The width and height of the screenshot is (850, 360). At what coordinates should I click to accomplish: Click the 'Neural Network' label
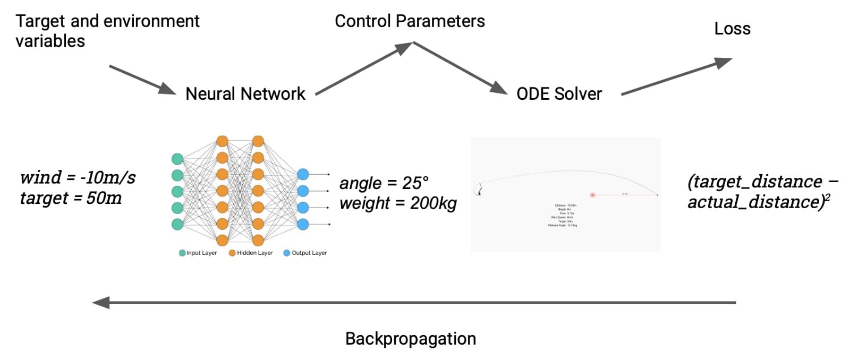(x=245, y=94)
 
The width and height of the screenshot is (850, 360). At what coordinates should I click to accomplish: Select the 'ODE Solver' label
(x=559, y=94)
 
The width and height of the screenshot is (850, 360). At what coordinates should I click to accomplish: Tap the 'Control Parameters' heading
(x=410, y=21)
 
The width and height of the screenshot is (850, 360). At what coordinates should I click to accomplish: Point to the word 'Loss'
(x=732, y=29)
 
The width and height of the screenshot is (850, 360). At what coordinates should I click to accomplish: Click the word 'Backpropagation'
(x=411, y=339)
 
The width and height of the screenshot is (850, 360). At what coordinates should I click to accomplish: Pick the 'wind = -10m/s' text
(x=78, y=177)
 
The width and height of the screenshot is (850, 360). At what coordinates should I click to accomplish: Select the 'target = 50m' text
(x=71, y=198)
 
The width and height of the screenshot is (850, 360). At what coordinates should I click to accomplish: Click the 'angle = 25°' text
(x=384, y=183)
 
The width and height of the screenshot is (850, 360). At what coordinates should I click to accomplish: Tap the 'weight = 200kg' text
(x=398, y=203)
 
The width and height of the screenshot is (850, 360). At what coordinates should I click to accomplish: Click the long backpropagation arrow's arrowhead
(x=101, y=303)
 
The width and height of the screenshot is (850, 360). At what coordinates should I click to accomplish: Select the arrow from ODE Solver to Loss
(x=676, y=77)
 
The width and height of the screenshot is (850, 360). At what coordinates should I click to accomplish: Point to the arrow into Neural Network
(x=142, y=80)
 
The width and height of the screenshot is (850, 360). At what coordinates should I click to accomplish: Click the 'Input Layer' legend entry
(x=198, y=253)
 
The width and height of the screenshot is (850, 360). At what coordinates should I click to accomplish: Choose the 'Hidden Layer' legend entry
(x=251, y=253)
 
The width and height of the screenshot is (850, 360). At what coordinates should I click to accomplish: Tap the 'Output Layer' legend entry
(x=305, y=253)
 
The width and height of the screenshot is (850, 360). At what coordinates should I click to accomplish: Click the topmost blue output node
(x=303, y=174)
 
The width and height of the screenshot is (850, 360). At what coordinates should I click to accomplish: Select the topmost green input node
(x=177, y=159)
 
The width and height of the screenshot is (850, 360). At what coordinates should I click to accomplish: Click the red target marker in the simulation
(x=592, y=195)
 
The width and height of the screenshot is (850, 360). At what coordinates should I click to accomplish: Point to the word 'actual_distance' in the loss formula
(x=753, y=202)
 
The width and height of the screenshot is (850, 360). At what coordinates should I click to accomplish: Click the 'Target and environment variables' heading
(x=107, y=31)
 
